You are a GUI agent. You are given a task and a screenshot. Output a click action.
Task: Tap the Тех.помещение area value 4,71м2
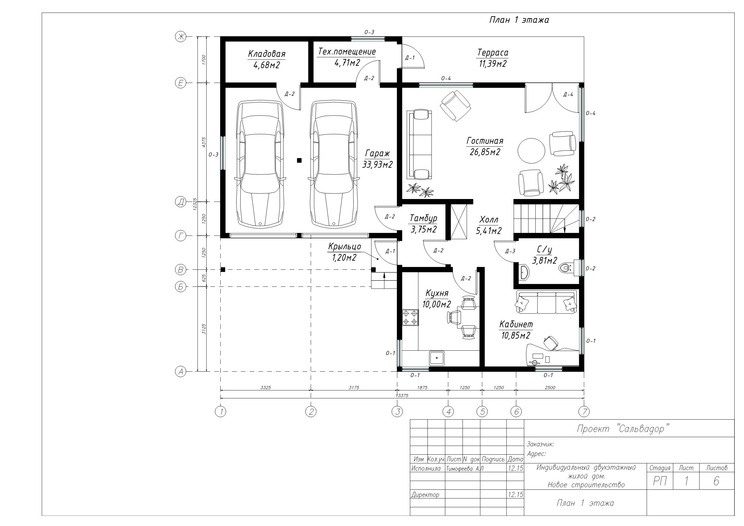[x=347, y=63]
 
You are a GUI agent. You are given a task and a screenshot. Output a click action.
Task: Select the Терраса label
[x=493, y=52]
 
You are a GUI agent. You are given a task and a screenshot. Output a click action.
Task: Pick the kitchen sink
[x=437, y=358]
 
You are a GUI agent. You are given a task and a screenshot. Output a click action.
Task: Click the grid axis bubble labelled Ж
[x=181, y=37]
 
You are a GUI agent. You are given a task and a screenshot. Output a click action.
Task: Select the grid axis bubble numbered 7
[x=584, y=412]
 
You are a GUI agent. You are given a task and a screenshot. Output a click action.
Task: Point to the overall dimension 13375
[x=402, y=395]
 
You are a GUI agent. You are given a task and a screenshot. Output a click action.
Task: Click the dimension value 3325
[x=265, y=387]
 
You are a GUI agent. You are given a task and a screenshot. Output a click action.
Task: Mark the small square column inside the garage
[x=299, y=160]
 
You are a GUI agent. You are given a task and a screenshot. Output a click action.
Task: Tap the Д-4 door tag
[x=568, y=95]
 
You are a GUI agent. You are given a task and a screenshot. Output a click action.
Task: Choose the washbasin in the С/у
[x=524, y=272]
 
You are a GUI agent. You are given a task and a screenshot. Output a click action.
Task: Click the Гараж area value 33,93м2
[x=377, y=164]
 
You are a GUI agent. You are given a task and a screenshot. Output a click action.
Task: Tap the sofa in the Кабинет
[x=547, y=302]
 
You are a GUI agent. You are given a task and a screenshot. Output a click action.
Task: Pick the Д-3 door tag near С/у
[x=510, y=251]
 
